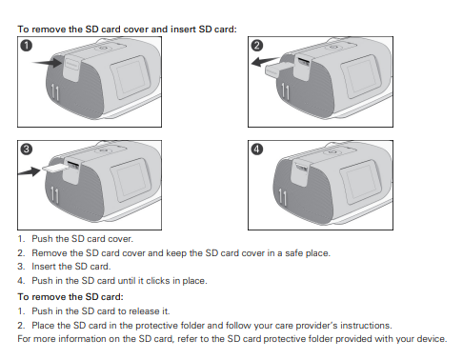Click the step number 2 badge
tap(256, 46)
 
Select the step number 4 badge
tap(256, 150)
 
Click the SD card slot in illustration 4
tap(302, 168)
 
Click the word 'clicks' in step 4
tap(161, 281)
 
